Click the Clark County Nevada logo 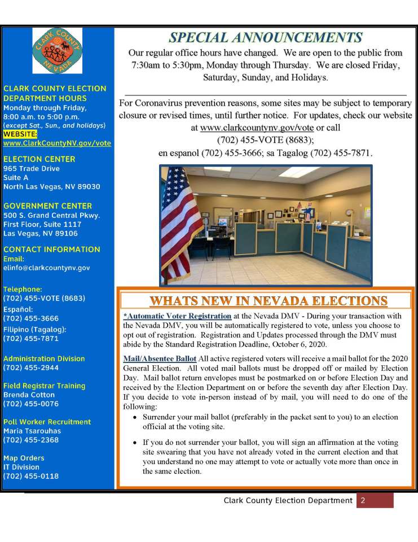(58, 51)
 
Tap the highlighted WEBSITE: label (20, 134)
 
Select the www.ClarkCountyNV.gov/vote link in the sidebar (57, 143)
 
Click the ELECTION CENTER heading (39, 159)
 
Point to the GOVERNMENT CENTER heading (47, 206)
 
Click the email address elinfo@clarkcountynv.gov (46, 268)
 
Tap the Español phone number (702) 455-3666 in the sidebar (31, 318)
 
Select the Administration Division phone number (31, 368)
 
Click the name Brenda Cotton (29, 395)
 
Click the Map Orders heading (24, 458)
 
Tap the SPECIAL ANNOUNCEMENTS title (266, 38)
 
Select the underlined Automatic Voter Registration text (178, 316)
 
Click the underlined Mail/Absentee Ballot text (160, 359)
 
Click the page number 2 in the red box (363, 500)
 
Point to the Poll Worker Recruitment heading (47, 422)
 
